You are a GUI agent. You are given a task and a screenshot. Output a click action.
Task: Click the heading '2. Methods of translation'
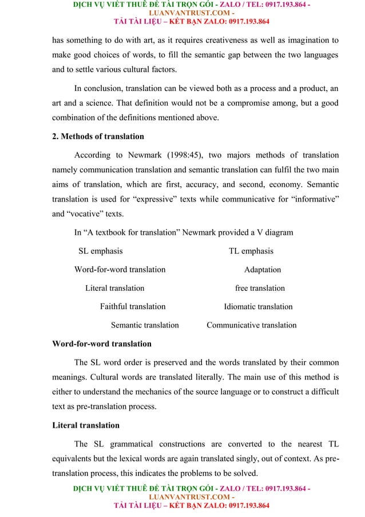click(98, 136)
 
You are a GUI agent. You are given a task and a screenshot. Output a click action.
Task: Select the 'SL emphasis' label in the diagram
click(100, 251)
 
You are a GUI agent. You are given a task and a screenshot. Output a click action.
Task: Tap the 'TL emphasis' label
click(251, 251)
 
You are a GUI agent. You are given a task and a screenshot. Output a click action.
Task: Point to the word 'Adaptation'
click(263, 269)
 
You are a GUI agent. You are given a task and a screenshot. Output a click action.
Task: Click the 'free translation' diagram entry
click(260, 288)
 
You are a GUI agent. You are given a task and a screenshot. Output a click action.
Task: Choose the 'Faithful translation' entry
click(133, 306)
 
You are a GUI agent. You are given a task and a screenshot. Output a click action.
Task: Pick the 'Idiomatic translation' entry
click(258, 306)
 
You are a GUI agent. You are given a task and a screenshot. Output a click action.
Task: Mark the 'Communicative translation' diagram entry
click(251, 325)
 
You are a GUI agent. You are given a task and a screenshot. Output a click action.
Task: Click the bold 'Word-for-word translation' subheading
click(102, 344)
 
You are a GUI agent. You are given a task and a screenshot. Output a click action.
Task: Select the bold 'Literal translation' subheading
click(86, 425)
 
